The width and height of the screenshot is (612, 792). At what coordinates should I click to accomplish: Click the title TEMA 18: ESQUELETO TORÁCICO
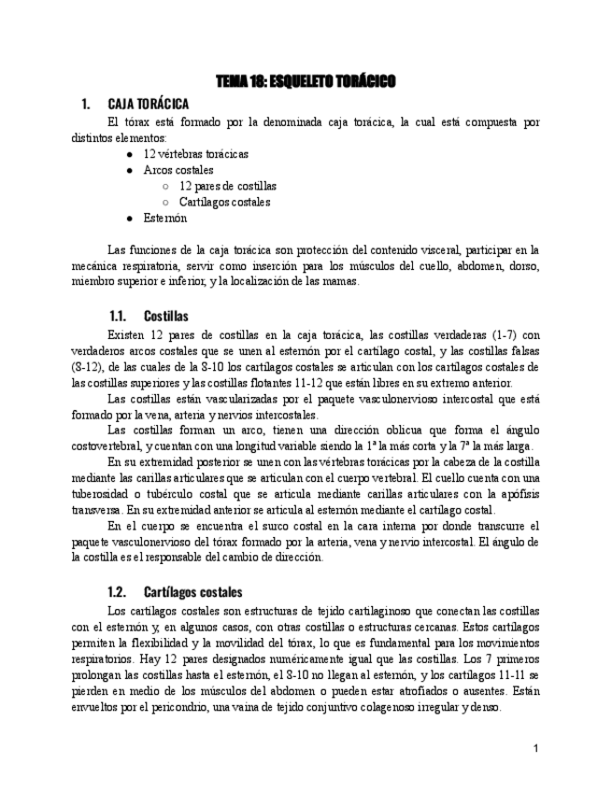pyautogui.click(x=306, y=82)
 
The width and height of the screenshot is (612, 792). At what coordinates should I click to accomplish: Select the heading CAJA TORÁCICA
pyautogui.click(x=148, y=104)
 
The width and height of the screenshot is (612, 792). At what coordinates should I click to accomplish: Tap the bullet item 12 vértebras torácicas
pyautogui.click(x=195, y=154)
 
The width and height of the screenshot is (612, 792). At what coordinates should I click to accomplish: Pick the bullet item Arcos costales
pyautogui.click(x=178, y=170)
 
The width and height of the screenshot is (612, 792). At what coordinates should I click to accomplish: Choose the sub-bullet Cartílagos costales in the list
pyautogui.click(x=224, y=202)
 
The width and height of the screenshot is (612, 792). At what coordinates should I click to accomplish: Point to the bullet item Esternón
pyautogui.click(x=164, y=218)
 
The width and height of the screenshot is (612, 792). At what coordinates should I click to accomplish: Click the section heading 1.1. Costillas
pyautogui.click(x=148, y=317)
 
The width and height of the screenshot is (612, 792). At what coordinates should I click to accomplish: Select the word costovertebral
pyautogui.click(x=108, y=446)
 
